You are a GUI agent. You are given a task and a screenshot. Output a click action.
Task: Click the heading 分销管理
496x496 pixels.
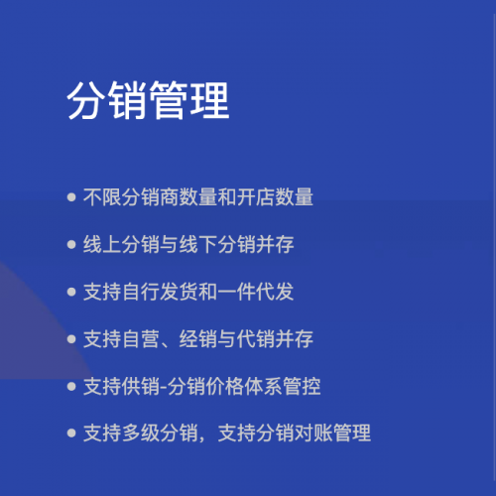coord(148,101)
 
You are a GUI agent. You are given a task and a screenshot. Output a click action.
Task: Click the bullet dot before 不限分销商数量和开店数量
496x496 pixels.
coord(71,197)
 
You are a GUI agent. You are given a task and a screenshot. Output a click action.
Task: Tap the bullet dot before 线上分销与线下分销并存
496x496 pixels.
coord(71,245)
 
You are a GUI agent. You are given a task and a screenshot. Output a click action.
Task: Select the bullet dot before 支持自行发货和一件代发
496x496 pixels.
coord(71,293)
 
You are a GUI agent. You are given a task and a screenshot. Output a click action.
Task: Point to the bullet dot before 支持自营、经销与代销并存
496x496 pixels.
coord(71,339)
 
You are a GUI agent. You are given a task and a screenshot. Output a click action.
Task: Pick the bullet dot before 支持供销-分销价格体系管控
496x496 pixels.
coord(71,387)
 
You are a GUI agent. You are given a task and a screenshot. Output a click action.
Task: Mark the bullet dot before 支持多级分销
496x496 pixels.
coord(71,434)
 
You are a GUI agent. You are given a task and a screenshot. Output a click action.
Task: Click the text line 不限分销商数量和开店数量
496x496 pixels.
coord(198,197)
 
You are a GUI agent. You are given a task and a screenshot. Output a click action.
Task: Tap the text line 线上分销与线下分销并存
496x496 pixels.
coord(188,245)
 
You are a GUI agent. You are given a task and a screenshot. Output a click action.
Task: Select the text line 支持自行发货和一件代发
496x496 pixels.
coord(188,293)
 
